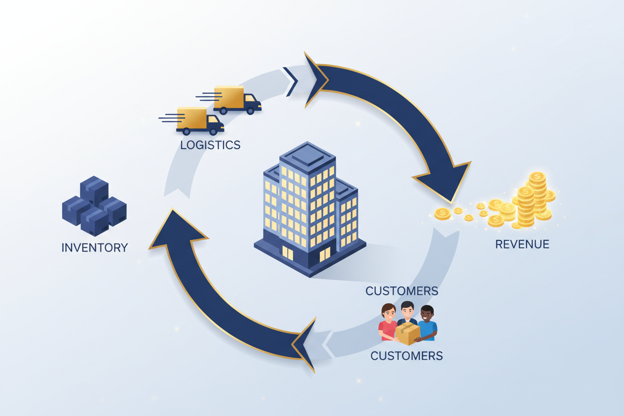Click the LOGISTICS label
(x=210, y=145)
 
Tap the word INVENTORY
(x=94, y=247)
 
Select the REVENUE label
(x=522, y=244)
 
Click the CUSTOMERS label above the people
(x=401, y=291)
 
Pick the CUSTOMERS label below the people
(x=406, y=356)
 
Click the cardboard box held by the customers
(x=407, y=333)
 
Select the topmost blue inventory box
(x=94, y=188)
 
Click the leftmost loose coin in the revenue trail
(x=442, y=214)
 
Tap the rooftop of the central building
(x=306, y=155)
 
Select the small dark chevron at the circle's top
(x=290, y=81)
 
